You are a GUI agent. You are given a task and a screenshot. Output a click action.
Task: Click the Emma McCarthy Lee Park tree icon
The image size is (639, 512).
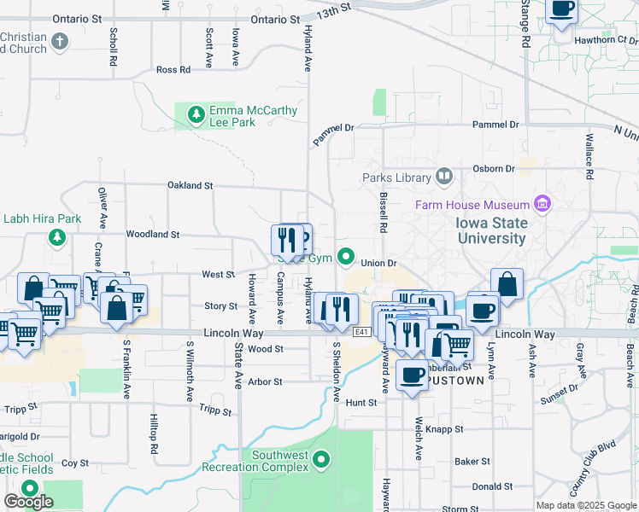click(x=196, y=113)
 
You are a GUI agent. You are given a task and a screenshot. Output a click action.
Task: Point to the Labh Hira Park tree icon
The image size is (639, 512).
click(x=57, y=236)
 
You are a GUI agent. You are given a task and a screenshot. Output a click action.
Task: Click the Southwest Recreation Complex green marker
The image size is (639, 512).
click(x=322, y=462)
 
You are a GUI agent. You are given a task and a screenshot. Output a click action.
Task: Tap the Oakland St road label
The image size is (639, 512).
click(x=190, y=185)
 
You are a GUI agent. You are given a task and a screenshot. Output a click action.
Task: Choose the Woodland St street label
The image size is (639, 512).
click(x=152, y=234)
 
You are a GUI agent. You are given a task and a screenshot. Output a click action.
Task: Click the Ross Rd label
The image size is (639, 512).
click(x=173, y=70)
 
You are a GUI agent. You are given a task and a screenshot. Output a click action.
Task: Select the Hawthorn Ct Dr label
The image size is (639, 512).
click(x=607, y=39)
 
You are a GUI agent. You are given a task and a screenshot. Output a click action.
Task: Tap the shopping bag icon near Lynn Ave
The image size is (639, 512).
click(x=507, y=284)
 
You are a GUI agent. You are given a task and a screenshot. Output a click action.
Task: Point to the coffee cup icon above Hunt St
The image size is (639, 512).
click(x=413, y=375)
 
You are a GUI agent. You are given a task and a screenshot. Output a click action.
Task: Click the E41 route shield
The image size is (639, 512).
click(x=363, y=332)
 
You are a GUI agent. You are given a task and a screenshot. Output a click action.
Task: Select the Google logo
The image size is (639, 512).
click(x=28, y=502)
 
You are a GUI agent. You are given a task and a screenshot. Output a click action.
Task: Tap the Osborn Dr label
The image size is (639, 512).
click(x=496, y=169)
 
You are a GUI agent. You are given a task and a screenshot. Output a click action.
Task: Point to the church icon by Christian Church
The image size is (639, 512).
click(x=59, y=41)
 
